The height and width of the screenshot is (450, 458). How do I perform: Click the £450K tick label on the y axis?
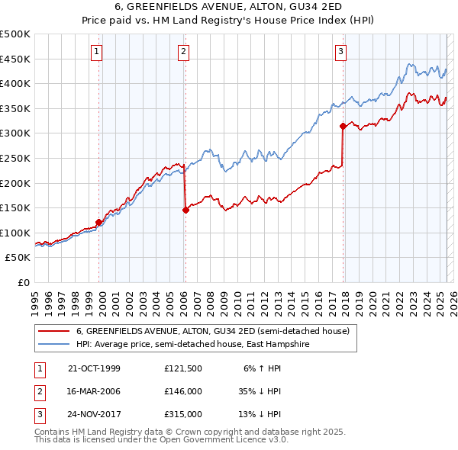[15, 59]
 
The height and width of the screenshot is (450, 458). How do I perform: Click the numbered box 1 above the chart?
[98, 52]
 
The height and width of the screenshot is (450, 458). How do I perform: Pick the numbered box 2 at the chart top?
[184, 52]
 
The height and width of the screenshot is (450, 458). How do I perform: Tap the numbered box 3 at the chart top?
[340, 52]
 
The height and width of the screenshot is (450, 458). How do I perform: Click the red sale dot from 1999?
[99, 222]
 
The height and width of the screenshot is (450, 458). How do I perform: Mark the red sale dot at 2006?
[185, 210]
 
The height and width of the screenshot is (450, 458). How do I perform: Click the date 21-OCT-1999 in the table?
[94, 368]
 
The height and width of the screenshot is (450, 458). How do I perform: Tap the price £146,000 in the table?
[182, 391]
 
